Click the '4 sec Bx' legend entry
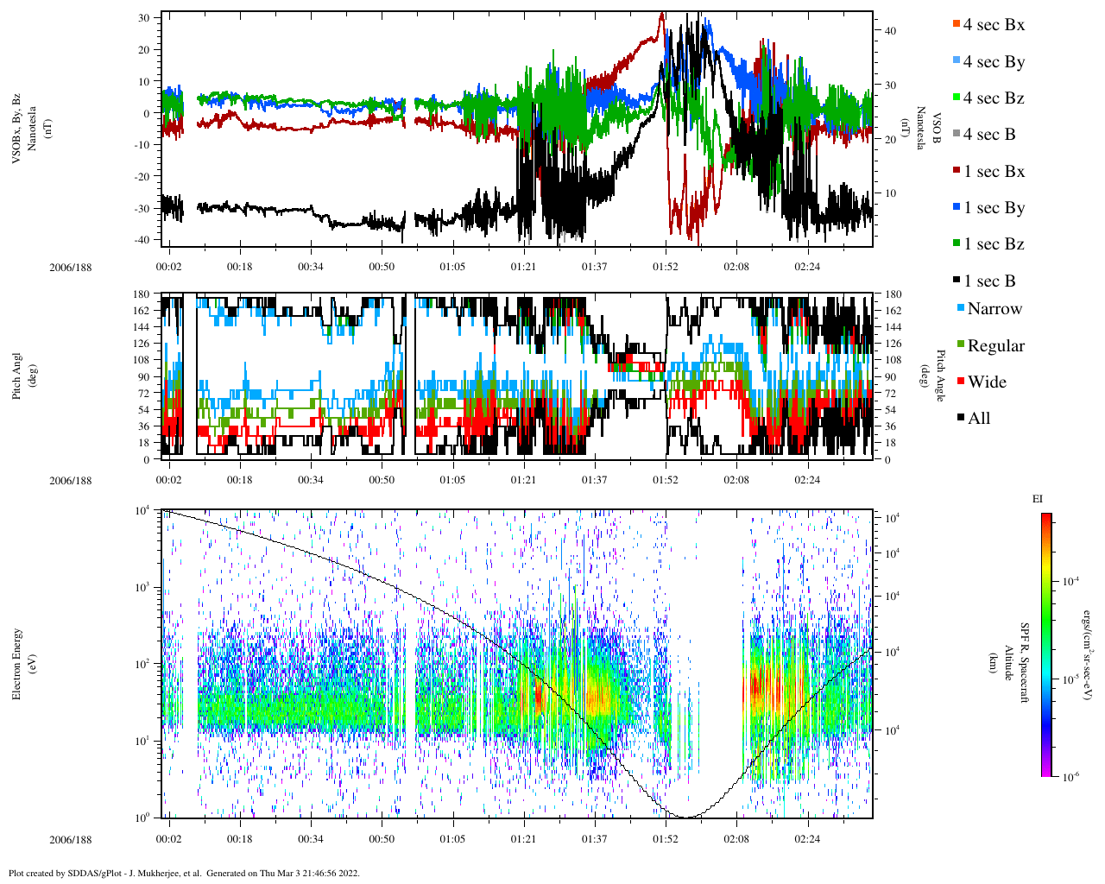click(993, 25)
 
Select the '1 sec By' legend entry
click(993, 208)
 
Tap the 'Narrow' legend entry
click(994, 309)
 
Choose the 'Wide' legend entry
click(986, 382)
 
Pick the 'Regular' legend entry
click(995, 346)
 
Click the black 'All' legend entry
click(978, 419)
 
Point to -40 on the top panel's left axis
click(143, 240)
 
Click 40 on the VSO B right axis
click(890, 31)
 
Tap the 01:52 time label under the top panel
click(665, 267)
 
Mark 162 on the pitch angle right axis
click(893, 311)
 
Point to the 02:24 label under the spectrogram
click(807, 838)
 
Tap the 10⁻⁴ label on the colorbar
click(1073, 582)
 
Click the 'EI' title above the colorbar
click(1038, 499)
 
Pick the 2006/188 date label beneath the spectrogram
click(70, 839)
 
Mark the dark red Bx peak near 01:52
click(662, 14)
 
